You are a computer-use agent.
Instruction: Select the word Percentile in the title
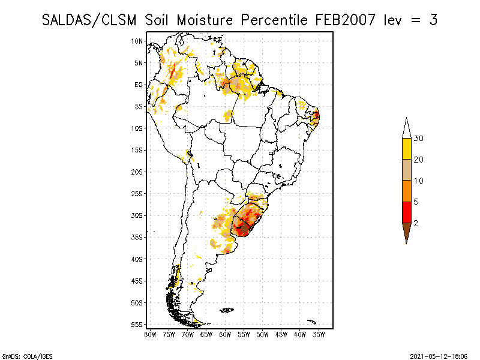(274, 20)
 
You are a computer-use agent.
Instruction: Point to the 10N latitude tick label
(137, 41)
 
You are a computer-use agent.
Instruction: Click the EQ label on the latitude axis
(139, 85)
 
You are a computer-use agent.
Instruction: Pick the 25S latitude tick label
(137, 194)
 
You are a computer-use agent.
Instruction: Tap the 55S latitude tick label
(137, 325)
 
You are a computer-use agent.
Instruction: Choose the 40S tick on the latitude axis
(137, 259)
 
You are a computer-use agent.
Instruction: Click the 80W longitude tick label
(150, 334)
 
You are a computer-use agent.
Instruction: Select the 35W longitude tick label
(319, 334)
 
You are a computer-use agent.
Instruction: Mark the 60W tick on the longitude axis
(225, 334)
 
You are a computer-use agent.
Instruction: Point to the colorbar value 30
(419, 139)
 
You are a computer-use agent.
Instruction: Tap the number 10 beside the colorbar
(419, 181)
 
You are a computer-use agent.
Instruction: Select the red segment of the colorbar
(406, 212)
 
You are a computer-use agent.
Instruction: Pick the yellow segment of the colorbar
(406, 149)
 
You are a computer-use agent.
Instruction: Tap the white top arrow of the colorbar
(406, 128)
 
